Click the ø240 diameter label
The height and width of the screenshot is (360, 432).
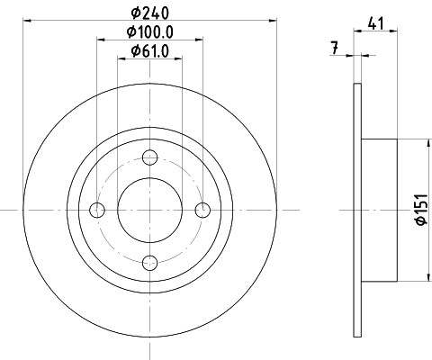(x=150, y=13)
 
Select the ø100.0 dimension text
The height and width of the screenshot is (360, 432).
(x=150, y=31)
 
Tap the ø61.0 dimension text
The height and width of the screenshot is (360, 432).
(x=150, y=51)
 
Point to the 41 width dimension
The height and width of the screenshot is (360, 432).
(x=375, y=23)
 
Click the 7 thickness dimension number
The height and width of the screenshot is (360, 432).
(x=335, y=48)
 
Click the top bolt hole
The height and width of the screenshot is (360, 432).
(x=150, y=157)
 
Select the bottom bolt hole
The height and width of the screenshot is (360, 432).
(x=150, y=263)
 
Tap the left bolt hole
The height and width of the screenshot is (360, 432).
(x=97, y=210)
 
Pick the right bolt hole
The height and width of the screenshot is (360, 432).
(x=202, y=210)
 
